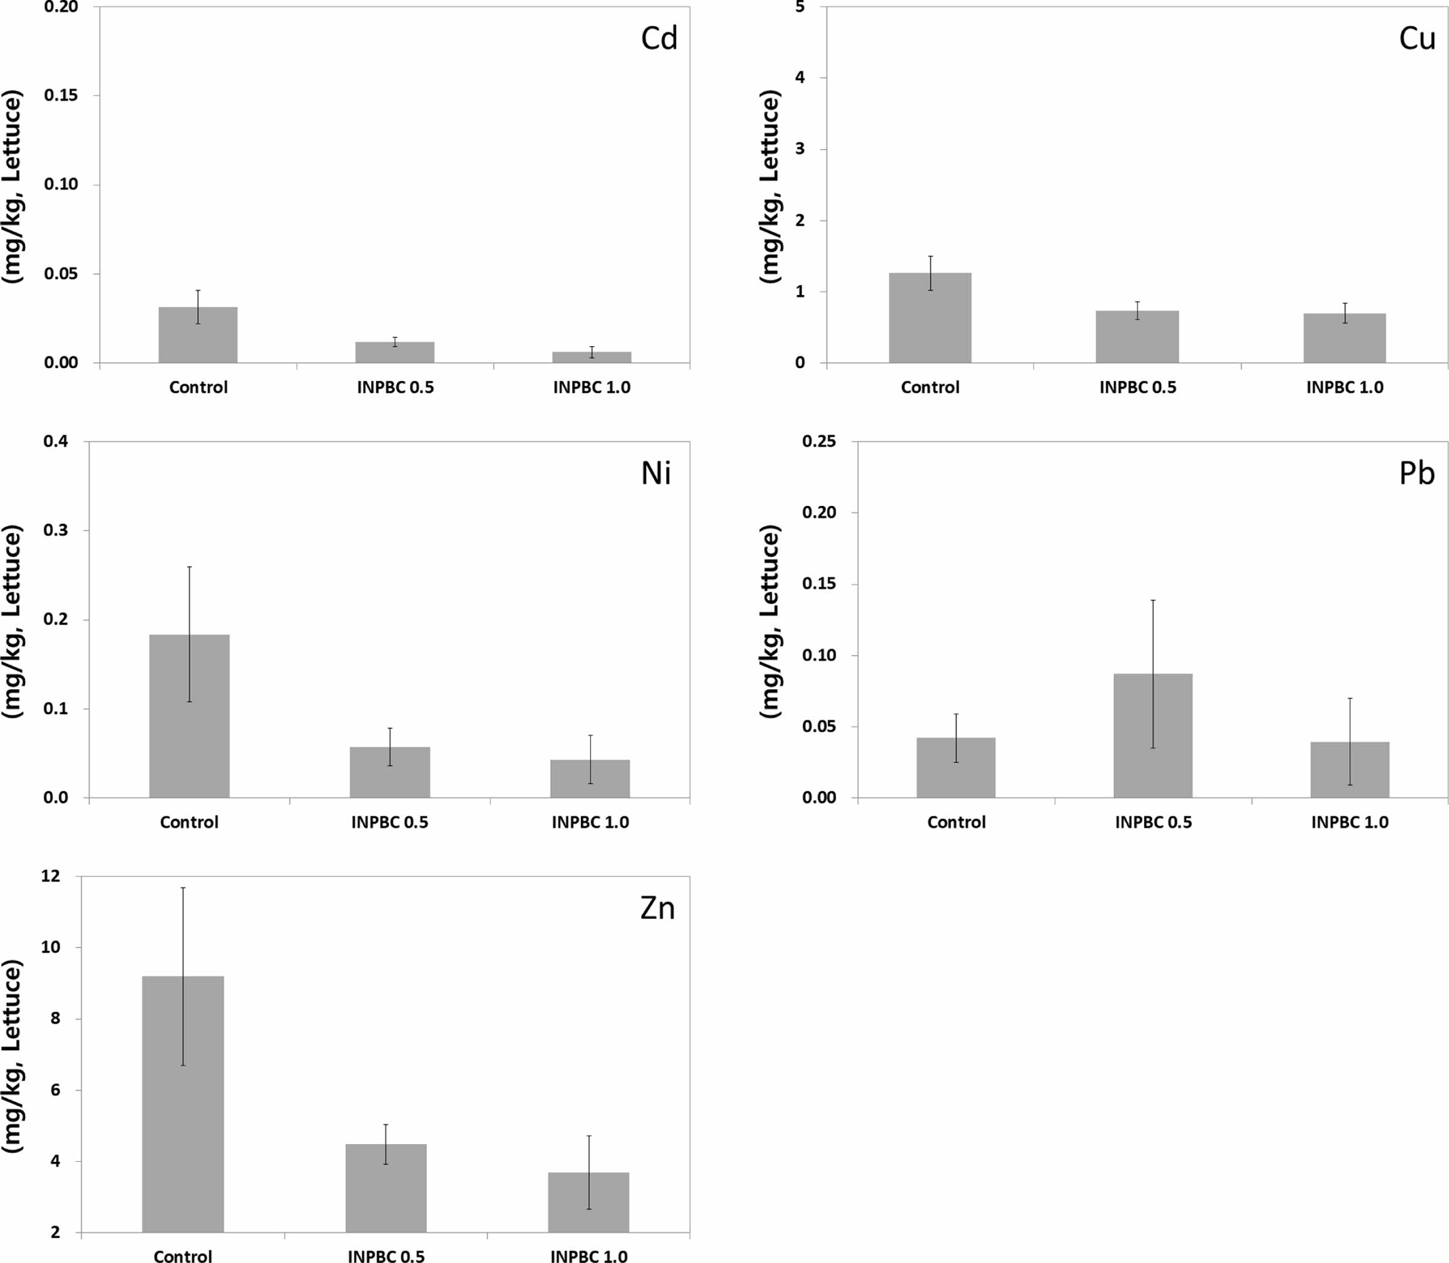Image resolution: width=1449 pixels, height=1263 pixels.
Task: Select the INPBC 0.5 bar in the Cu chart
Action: coord(1137,337)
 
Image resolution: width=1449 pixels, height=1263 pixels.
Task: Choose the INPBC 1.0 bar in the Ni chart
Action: coord(590,779)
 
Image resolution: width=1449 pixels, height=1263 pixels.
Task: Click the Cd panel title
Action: coord(659,39)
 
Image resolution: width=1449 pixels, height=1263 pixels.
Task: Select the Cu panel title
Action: coord(1416,39)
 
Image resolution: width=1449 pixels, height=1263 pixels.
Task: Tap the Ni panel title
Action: coord(655,474)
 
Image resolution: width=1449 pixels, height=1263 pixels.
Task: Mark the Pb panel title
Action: coord(1416,474)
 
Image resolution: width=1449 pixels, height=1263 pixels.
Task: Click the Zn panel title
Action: coord(658,908)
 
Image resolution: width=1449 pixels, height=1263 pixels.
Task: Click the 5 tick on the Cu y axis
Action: coord(799,7)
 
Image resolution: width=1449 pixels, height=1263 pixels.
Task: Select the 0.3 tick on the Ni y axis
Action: coord(56,531)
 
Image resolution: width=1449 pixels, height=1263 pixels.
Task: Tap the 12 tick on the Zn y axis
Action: coord(52,877)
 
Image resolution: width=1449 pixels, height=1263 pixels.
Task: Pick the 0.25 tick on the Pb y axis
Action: coord(819,442)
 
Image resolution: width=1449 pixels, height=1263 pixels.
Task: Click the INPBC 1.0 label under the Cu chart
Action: coord(1345,387)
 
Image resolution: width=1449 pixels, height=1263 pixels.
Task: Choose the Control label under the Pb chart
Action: coord(956,822)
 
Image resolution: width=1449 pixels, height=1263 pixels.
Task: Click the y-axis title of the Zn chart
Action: coord(13,1057)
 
